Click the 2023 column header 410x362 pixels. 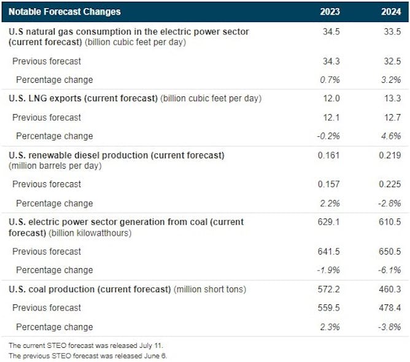pyautogui.click(x=330, y=12)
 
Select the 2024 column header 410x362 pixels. pyautogui.click(x=391, y=12)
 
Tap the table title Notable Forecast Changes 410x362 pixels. pyautogui.click(x=64, y=12)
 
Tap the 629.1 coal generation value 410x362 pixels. pyautogui.click(x=329, y=222)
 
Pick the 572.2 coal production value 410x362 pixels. pyautogui.click(x=329, y=289)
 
